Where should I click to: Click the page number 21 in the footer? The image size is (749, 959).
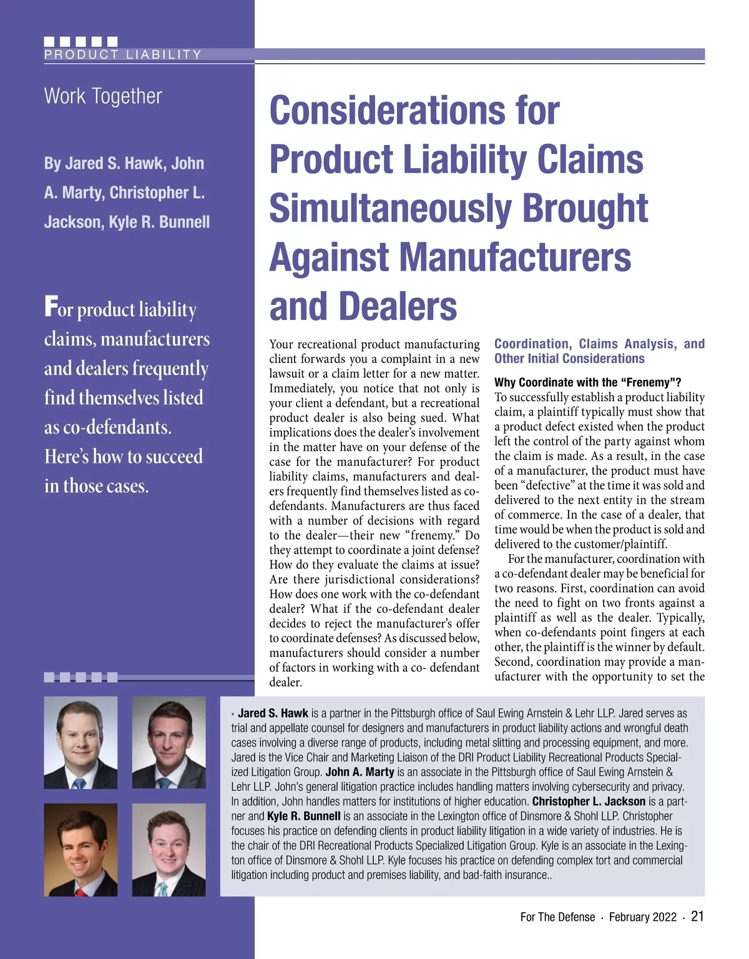[697, 917]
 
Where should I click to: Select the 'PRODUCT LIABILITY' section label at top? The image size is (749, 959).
[123, 54]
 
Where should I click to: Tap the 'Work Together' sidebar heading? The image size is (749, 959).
[103, 96]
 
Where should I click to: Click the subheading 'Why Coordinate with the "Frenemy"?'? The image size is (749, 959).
[587, 382]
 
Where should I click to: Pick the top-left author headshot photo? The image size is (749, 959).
[81, 742]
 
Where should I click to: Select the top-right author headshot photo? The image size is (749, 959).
[169, 742]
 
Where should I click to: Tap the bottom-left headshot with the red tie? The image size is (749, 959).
[81, 850]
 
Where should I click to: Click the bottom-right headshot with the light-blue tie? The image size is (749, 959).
[169, 850]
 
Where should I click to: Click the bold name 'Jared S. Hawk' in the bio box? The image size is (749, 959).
[273, 713]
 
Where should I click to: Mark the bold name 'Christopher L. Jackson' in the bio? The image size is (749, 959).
[589, 802]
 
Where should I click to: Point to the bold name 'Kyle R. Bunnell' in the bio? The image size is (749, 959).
[304, 816]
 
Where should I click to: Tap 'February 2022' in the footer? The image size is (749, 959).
[642, 917]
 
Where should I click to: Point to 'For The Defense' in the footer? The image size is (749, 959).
[557, 917]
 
